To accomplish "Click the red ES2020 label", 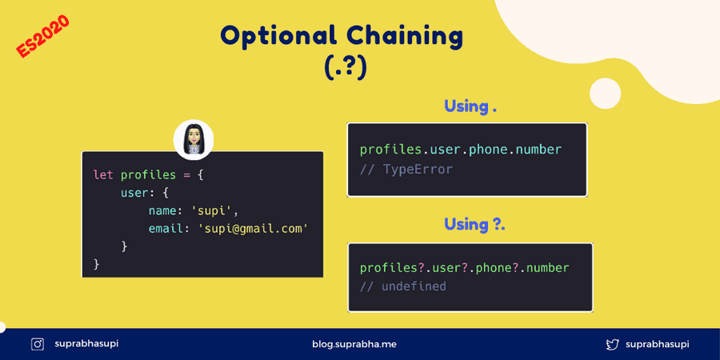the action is click(x=42, y=36).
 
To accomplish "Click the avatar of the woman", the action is click(x=194, y=139).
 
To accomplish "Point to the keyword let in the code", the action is click(x=103, y=175).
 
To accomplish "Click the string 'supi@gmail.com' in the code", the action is click(x=253, y=229).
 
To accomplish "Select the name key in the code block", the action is click(x=162, y=210).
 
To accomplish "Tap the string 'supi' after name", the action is click(x=211, y=210).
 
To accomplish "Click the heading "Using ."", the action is click(x=470, y=106).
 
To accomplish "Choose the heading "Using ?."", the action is click(x=474, y=225).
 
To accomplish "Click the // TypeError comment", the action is click(x=406, y=170).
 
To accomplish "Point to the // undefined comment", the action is click(x=403, y=286).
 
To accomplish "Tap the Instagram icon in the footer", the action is click(x=37, y=344).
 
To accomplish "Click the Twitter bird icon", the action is click(x=613, y=344).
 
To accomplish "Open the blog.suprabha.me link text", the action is click(x=354, y=344).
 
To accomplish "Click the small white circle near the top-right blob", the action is click(x=606, y=94).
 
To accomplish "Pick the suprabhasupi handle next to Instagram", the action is click(x=86, y=343).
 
